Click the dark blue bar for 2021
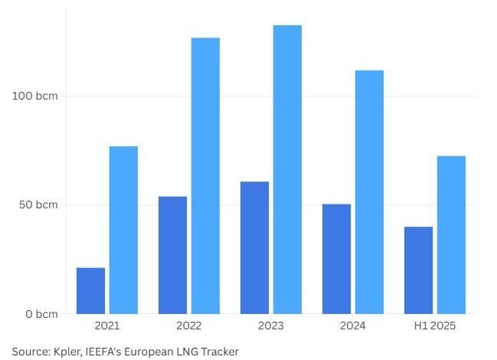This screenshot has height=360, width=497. pyautogui.click(x=90, y=290)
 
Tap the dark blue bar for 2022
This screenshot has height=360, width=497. pyautogui.click(x=172, y=255)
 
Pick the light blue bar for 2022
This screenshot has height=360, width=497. pyautogui.click(x=205, y=175)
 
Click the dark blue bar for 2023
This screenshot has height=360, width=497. pyautogui.click(x=254, y=247)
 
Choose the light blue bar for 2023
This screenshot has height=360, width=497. pyautogui.click(x=287, y=169)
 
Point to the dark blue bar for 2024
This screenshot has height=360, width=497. pyautogui.click(x=336, y=259)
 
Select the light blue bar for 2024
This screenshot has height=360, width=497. pyautogui.click(x=369, y=191)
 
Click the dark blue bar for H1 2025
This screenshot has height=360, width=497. pyautogui.click(x=418, y=270)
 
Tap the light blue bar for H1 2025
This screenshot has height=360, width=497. pyautogui.click(x=451, y=234)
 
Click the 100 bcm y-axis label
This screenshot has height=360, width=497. pyautogui.click(x=35, y=96)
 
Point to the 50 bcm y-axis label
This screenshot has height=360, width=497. pyautogui.click(x=38, y=205)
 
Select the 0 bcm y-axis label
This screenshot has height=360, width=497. pyautogui.click(x=41, y=314)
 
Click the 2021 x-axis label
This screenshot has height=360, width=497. pyautogui.click(x=107, y=326)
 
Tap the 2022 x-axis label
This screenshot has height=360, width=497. pyautogui.click(x=188, y=326)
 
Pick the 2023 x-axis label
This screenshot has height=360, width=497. pyautogui.click(x=270, y=326)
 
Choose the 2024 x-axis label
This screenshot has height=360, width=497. pyautogui.click(x=352, y=326)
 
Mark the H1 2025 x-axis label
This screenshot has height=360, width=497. pyautogui.click(x=434, y=326)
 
